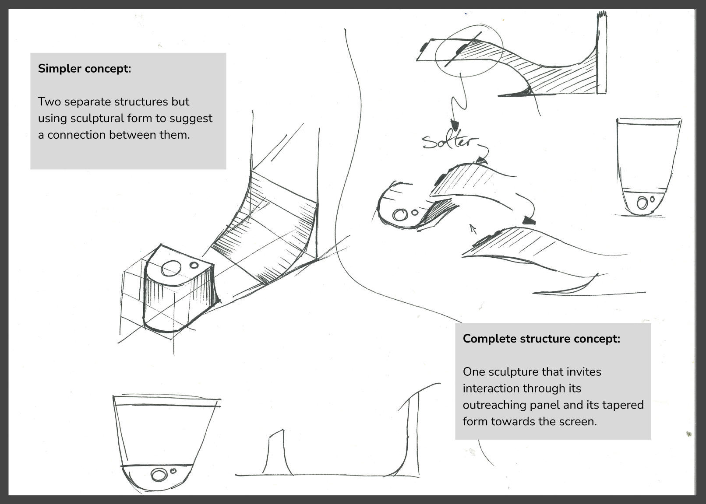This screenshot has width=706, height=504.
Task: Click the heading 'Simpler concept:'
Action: pyautogui.click(x=85, y=69)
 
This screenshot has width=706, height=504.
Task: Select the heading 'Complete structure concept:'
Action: pyautogui.click(x=541, y=339)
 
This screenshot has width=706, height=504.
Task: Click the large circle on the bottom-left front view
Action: pyautogui.click(x=159, y=475)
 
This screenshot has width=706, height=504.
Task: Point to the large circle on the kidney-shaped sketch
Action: pyautogui.click(x=399, y=215)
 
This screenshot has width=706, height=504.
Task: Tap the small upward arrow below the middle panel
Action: pyautogui.click(x=472, y=227)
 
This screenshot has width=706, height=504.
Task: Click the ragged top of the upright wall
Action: pyautogui.click(x=602, y=17)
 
